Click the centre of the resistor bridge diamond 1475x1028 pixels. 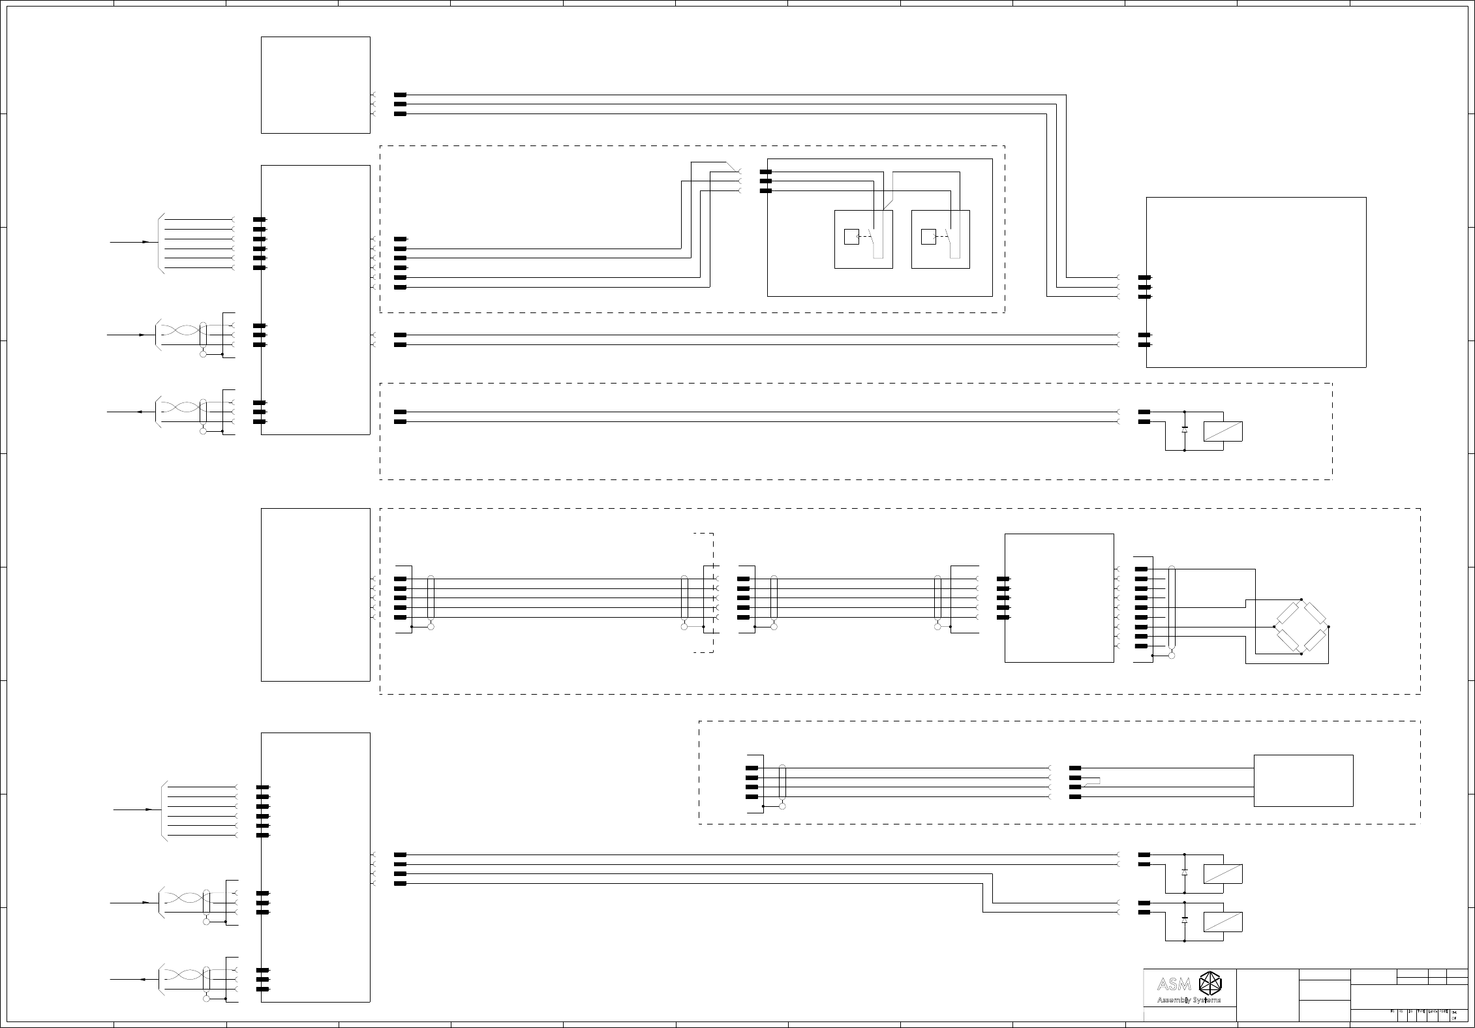point(1301,627)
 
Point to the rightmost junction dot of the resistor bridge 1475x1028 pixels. point(1329,627)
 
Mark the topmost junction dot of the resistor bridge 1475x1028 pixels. point(1301,599)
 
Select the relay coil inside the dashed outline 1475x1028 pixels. point(1223,431)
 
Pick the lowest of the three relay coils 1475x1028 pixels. point(1223,922)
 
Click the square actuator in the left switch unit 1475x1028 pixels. point(851,237)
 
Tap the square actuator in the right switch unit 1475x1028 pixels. point(928,237)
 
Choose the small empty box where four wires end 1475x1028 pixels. point(1303,781)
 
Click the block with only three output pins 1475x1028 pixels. point(316,85)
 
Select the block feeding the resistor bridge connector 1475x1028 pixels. point(1059,597)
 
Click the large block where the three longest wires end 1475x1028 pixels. point(1256,282)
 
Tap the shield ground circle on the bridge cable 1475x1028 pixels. point(1172,655)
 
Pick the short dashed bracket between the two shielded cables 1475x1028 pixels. point(708,592)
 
